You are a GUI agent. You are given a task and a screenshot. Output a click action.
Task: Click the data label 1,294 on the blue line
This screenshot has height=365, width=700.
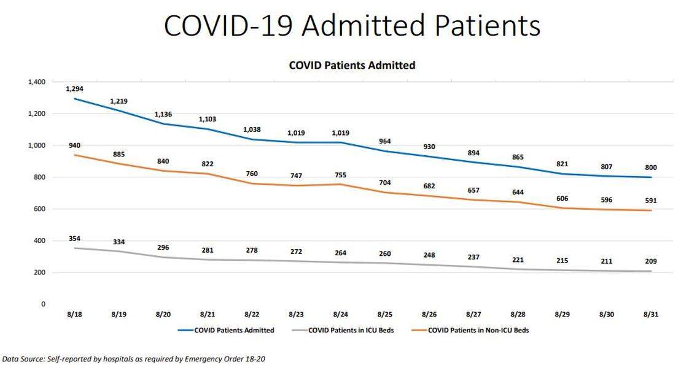[x=74, y=89]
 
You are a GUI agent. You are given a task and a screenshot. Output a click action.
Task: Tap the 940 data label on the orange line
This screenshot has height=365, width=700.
[x=74, y=145]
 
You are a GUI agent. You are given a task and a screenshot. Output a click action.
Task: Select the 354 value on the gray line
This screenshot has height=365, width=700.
[x=74, y=237]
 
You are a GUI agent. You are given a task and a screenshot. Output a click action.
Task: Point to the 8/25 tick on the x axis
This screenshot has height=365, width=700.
[x=385, y=314]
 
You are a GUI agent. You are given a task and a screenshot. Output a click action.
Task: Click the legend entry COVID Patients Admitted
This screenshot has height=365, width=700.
[x=234, y=330]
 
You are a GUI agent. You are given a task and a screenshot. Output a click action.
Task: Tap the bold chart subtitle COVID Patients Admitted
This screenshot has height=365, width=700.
[x=352, y=65]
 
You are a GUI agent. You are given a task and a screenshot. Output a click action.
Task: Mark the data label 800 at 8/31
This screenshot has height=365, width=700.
[x=651, y=167]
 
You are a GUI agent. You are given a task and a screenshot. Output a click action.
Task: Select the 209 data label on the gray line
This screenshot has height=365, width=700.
[x=651, y=261]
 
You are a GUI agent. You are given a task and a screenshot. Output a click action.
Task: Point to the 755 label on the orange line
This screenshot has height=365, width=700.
[x=341, y=174]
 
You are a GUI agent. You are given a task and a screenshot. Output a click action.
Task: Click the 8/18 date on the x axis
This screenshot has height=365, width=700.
[x=74, y=314]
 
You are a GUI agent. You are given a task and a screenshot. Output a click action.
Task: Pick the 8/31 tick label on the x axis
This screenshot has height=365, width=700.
[x=651, y=314]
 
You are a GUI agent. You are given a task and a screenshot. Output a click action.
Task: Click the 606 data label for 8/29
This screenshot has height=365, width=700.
[x=562, y=199]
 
